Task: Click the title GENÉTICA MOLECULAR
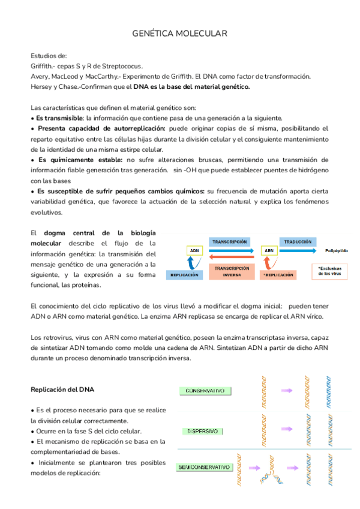[179, 35]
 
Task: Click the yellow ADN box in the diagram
[194, 250]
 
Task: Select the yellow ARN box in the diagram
[269, 250]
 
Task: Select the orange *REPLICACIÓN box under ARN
[278, 274]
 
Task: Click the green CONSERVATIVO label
[205, 391]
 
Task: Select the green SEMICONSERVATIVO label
[205, 467]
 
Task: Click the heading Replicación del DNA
[62, 390]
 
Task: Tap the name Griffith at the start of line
[42, 66]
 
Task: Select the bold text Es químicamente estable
[79, 160]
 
